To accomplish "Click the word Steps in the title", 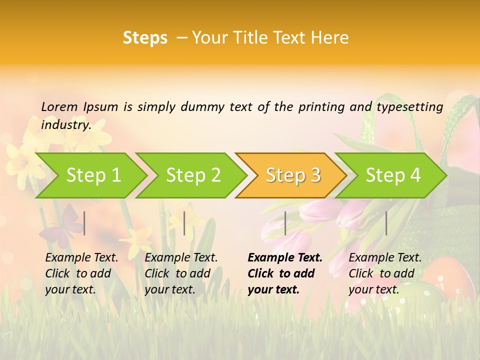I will [x=145, y=38].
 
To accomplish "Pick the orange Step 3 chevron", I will [x=293, y=175].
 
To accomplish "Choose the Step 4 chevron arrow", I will [x=393, y=175].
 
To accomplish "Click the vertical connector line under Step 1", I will [x=84, y=223].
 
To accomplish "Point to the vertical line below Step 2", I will [x=184, y=223].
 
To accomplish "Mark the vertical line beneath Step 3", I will [x=285, y=223].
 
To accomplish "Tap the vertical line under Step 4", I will [x=386, y=223].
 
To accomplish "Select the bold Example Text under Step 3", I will [x=285, y=273].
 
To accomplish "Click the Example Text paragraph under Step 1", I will [x=81, y=273].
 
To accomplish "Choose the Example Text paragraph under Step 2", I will [x=181, y=273].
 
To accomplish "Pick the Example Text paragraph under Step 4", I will [x=385, y=273].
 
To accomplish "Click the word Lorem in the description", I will [x=59, y=106].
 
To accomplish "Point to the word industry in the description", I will [x=65, y=124].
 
